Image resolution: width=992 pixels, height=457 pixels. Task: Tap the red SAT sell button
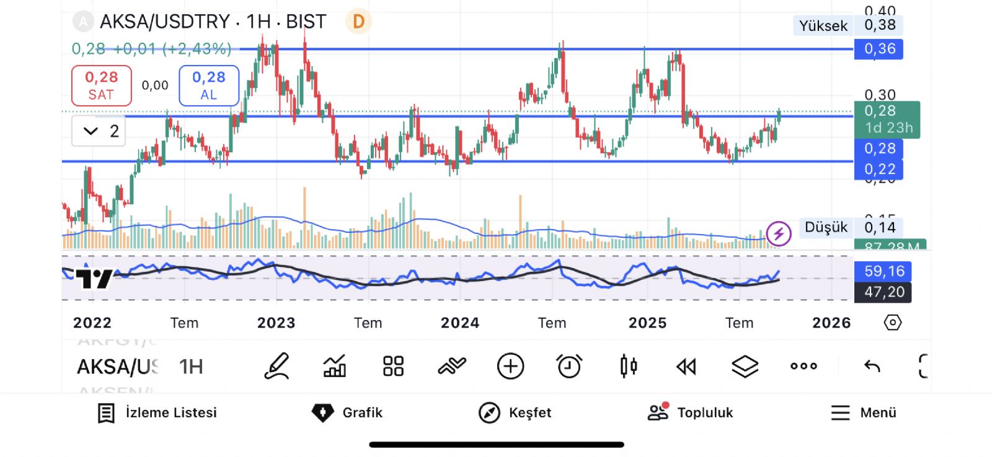point(101,85)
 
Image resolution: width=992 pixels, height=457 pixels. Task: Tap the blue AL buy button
point(209,85)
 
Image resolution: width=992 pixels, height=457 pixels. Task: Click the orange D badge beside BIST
point(358,22)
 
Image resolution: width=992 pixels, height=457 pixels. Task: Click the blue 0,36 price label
point(879,49)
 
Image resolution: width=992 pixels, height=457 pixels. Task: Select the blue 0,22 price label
point(879,169)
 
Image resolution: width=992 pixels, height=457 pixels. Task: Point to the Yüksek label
point(823,26)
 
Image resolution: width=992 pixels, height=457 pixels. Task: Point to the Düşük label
point(825,227)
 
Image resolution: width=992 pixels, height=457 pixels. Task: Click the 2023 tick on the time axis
point(277,323)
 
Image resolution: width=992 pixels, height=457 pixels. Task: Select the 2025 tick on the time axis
point(647,323)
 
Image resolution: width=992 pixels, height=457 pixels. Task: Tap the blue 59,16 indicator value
point(883,271)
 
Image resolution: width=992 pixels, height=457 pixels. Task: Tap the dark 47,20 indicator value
point(883,292)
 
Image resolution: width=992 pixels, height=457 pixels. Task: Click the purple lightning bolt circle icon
point(779,233)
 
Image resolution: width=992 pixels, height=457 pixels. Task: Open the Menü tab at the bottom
point(864,412)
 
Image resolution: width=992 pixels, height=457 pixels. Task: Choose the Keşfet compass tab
point(515,412)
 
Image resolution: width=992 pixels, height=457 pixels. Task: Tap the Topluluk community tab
point(690,412)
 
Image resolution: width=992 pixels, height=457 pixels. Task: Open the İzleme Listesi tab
point(157,412)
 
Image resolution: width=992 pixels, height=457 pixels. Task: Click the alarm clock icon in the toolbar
point(569,366)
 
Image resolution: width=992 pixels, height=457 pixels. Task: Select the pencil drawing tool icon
point(277,366)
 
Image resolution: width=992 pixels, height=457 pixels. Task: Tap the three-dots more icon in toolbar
point(804,366)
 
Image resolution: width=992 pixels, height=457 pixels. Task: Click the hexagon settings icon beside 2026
point(892,323)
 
